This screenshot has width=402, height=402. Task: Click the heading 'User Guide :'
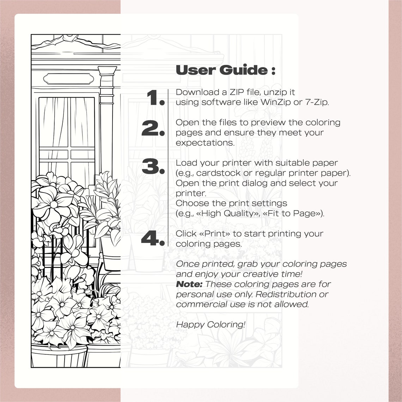225,70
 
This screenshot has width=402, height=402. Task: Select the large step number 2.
153,128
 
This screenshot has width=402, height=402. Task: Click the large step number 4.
153,238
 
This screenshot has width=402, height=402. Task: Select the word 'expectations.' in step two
205,143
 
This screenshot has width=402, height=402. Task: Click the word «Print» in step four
214,233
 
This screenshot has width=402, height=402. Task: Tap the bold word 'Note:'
189,284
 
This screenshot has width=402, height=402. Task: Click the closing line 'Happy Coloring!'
210,324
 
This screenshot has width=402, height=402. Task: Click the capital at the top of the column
107,72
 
